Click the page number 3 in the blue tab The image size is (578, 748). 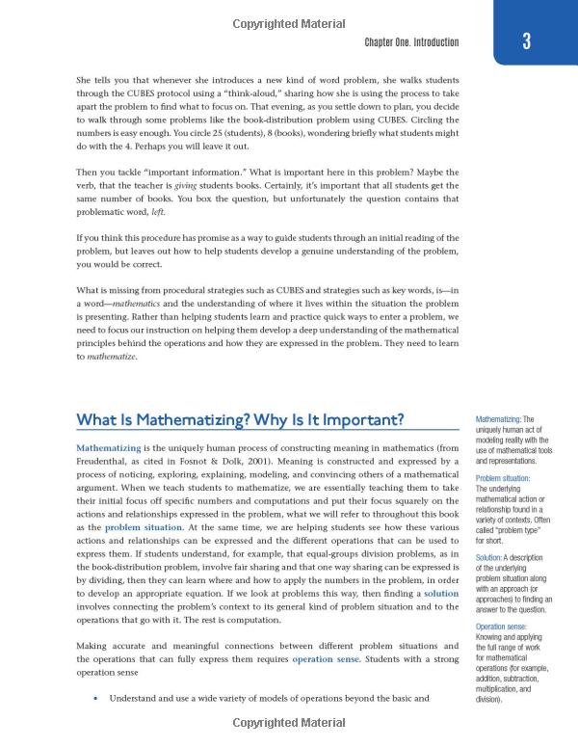525,41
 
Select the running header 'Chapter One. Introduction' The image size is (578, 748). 411,42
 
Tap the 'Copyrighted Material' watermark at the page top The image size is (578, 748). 289,11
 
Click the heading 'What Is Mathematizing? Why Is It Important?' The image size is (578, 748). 240,420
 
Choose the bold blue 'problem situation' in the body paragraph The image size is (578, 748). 140,528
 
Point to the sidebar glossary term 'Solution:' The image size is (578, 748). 494,558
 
